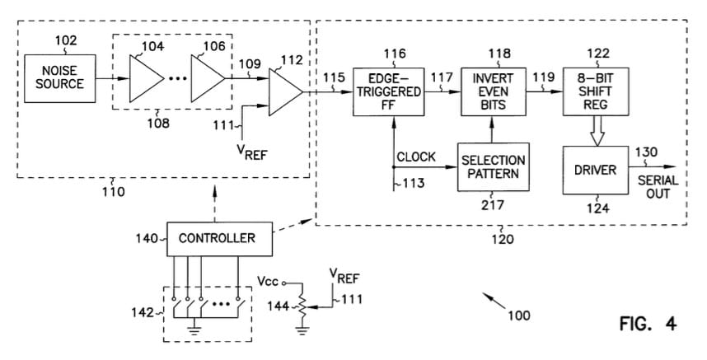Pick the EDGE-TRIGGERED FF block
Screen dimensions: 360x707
pyautogui.click(x=389, y=90)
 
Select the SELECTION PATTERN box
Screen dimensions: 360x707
pyautogui.click(x=493, y=167)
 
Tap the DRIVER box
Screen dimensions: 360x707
pyautogui.click(x=595, y=170)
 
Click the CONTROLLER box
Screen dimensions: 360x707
pyautogui.click(x=217, y=238)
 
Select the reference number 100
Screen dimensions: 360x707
pyautogui.click(x=519, y=315)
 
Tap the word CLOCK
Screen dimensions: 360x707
pyautogui.click(x=416, y=157)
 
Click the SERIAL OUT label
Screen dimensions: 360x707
pyautogui.click(x=658, y=186)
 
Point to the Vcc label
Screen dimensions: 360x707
pyautogui.click(x=267, y=281)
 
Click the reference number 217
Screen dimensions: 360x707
pyautogui.click(x=493, y=206)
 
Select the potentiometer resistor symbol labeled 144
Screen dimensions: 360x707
pyautogui.click(x=302, y=306)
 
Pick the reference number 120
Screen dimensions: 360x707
pyautogui.click(x=501, y=240)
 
